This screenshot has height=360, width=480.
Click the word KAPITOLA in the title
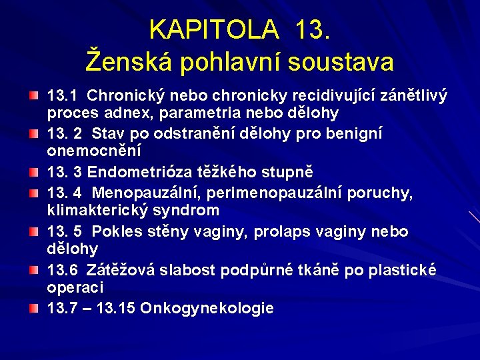tap(213, 29)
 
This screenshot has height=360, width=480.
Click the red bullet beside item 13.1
tap(33, 98)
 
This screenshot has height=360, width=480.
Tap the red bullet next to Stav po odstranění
tap(33, 135)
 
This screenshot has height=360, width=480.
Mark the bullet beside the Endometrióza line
tap(33, 173)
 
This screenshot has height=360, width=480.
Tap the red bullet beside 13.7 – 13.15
tap(33, 309)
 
